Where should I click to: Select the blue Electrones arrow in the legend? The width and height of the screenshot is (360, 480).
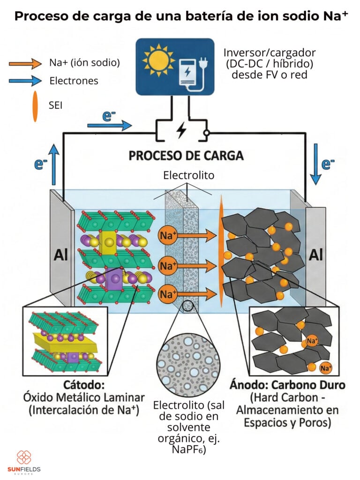click(25, 81)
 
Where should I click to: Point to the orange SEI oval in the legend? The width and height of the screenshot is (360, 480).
click(35, 106)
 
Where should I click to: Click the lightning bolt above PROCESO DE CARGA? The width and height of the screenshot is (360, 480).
click(180, 131)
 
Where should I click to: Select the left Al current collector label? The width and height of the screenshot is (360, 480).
click(61, 255)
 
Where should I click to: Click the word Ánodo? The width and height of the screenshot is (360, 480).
click(245, 385)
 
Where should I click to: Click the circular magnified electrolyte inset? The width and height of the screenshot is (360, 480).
click(188, 355)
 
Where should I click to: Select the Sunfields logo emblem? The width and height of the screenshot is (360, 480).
click(23, 457)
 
